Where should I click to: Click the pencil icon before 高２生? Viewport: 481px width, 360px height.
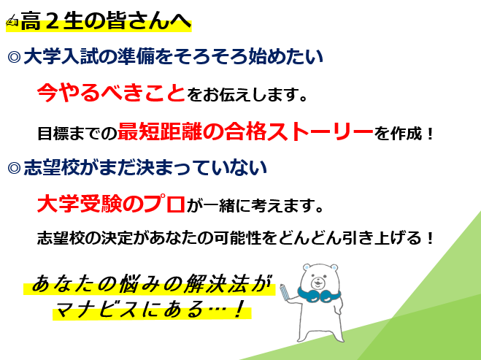point(12,21)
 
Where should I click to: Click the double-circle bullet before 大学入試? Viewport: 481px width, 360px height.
point(14,57)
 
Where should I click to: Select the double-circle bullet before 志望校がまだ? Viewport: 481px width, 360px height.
point(14,168)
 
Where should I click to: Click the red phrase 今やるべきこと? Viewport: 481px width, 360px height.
point(111,93)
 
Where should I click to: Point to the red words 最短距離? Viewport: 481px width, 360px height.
point(160,131)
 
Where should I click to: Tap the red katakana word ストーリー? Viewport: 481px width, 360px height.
point(320,131)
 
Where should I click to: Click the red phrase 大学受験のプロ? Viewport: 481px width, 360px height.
point(111,204)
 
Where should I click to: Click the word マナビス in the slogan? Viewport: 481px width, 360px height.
point(96,309)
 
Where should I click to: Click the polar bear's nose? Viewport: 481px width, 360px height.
point(318,280)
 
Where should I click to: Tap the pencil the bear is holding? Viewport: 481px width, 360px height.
point(285,292)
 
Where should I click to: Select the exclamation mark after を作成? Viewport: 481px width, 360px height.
point(430,134)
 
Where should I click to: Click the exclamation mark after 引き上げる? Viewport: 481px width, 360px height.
point(430,238)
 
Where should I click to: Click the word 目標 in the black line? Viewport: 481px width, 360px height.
point(53,134)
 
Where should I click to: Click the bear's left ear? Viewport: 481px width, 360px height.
point(307,267)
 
